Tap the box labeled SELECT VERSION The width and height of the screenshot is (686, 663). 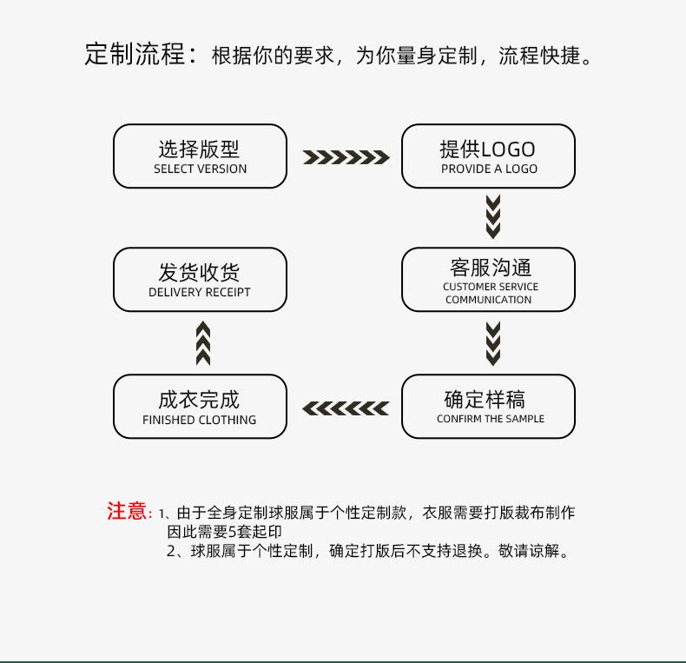[200, 156]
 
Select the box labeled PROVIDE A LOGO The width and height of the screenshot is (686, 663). [488, 156]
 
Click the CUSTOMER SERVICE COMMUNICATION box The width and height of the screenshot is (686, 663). [488, 280]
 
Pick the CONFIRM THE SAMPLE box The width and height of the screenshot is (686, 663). [488, 406]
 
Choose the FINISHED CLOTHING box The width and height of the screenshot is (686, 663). [200, 406]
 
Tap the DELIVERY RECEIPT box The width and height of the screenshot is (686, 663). [200, 280]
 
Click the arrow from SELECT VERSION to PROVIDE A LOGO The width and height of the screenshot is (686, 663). [346, 157]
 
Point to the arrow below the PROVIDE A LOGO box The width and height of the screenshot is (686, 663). [493, 217]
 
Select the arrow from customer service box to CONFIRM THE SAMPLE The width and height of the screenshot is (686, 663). [493, 343]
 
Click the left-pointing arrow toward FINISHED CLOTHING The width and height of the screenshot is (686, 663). [346, 408]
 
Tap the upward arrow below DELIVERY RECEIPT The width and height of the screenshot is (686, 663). [203, 343]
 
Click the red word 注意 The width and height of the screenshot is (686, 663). [128, 511]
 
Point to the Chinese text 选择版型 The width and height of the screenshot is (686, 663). [199, 149]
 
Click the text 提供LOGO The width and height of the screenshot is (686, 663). [487, 149]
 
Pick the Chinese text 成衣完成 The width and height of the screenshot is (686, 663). [199, 399]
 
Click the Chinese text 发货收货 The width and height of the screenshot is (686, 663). [199, 272]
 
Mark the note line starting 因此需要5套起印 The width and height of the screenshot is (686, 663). [224, 532]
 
